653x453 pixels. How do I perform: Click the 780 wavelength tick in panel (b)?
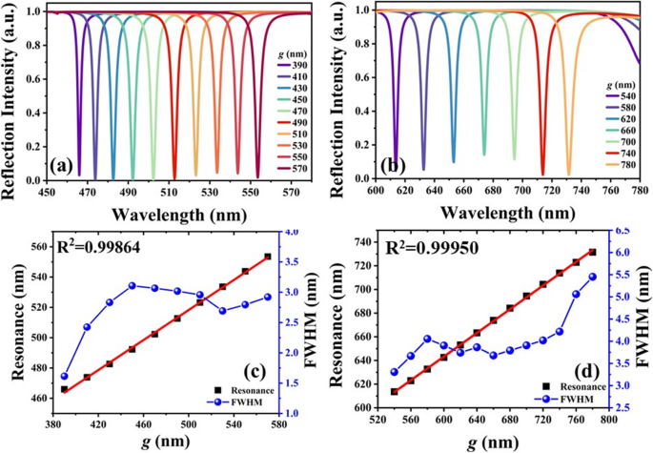click(640, 193)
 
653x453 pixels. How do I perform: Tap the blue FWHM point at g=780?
click(593, 277)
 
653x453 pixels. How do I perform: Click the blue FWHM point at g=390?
click(65, 377)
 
